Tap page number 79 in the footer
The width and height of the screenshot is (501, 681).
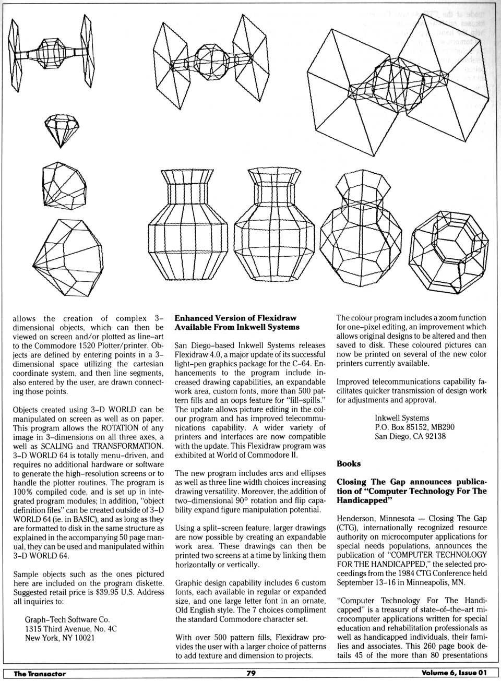[250, 673]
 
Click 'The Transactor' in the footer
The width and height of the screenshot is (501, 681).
[40, 674]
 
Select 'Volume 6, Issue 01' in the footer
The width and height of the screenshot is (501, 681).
[454, 673]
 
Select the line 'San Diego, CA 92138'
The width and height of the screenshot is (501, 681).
[410, 436]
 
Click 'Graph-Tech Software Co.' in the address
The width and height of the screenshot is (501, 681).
[67, 619]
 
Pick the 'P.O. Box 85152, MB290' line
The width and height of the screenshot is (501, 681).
[414, 427]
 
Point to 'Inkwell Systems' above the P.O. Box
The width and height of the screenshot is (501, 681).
[402, 417]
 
